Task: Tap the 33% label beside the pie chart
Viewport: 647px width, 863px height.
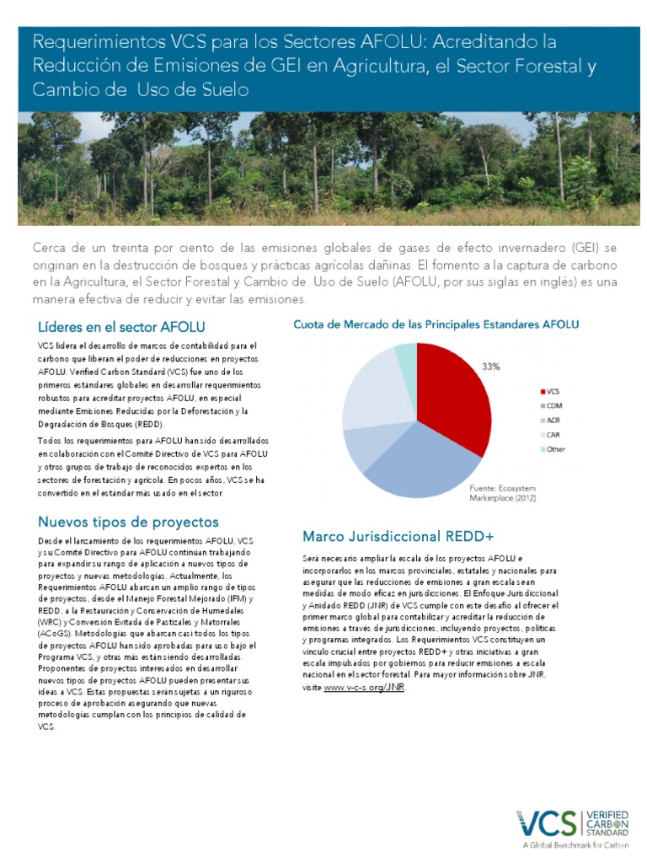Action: click(490, 367)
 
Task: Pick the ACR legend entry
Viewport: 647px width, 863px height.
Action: click(553, 420)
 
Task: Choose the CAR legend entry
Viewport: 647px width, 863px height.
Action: click(553, 434)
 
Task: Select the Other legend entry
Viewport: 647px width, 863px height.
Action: click(555, 448)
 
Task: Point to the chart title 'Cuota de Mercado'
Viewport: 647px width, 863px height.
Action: click(436, 324)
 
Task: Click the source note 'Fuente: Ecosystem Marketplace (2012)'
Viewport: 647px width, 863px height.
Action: click(502, 493)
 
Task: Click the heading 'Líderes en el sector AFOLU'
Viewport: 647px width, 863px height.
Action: click(121, 327)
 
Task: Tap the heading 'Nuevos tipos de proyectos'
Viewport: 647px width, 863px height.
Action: click(128, 522)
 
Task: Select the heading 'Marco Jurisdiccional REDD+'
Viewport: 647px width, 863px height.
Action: click(398, 536)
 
